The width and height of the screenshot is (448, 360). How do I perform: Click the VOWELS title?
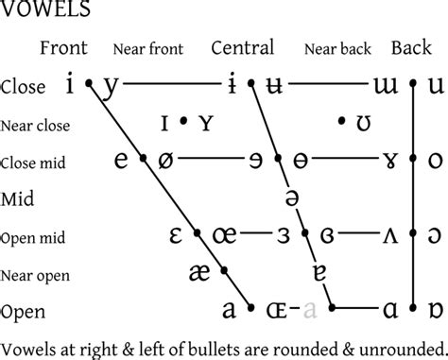[x=46, y=11]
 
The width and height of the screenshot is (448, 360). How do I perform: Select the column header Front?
[x=64, y=48]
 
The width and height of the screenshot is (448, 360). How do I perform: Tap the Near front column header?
[x=147, y=49]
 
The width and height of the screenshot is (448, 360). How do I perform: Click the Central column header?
[x=242, y=48]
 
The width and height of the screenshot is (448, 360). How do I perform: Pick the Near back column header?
[x=337, y=49]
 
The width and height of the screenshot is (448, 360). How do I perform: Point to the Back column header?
[x=411, y=48]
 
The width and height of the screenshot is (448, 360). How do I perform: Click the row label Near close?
[x=36, y=124]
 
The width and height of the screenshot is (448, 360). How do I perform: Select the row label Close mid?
[x=34, y=163]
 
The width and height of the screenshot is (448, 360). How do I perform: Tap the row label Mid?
[x=18, y=199]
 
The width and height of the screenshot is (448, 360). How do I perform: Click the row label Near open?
[x=35, y=275]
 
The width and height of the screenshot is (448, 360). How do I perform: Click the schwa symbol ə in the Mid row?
[x=292, y=197]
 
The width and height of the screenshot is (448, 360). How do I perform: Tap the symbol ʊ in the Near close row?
[x=363, y=122]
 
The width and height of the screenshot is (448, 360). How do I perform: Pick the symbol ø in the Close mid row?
[x=166, y=160]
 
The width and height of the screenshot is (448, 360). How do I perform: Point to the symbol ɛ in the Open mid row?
[x=175, y=234]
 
